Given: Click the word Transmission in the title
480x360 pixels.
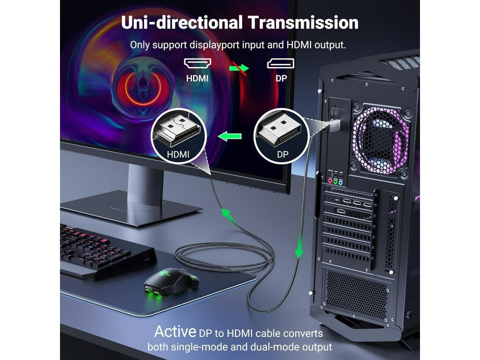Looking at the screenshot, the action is coord(303,23).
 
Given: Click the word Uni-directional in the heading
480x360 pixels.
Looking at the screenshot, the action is coord(182,23).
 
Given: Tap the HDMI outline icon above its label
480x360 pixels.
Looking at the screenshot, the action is coord(197,63).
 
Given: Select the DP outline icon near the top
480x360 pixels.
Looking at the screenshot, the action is coord(281,63).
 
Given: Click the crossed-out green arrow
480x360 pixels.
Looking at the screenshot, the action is coord(240,68).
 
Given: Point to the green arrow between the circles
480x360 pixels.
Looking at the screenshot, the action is coord(230,136).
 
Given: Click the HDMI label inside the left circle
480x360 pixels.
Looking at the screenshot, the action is coord(178,154).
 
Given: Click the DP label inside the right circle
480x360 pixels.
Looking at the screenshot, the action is coord(283,154).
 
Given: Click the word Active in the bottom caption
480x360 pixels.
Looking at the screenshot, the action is coord(175,331).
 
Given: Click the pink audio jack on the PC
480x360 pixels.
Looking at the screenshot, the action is coord(330,181).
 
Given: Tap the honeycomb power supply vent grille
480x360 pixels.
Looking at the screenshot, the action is coord(357,293).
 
